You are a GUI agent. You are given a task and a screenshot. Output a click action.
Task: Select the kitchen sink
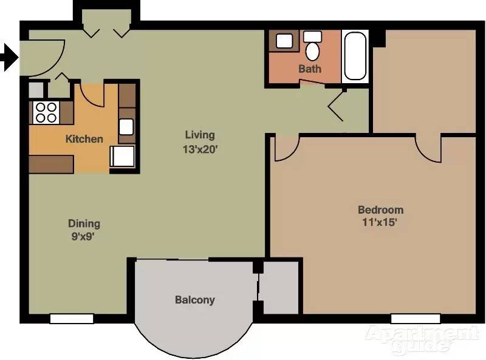click(x=126, y=126)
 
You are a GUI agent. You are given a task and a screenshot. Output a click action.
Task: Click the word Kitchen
click(x=84, y=139)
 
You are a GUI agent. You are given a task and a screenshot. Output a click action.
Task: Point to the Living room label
click(x=200, y=135)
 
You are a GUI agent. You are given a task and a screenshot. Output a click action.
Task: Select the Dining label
click(x=84, y=223)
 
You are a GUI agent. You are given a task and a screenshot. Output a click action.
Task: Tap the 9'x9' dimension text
click(x=84, y=237)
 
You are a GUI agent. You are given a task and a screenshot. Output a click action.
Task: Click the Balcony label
click(x=194, y=300)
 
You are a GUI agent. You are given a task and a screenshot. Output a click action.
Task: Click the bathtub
click(x=354, y=56)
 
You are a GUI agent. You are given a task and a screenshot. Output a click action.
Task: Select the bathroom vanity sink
click(x=284, y=41)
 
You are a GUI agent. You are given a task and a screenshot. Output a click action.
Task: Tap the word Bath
click(x=309, y=69)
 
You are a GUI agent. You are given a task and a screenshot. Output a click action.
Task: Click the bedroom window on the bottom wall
click(x=415, y=318)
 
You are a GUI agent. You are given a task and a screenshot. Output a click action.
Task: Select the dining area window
click(x=72, y=318)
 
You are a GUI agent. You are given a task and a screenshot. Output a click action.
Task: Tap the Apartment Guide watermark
click(x=420, y=340)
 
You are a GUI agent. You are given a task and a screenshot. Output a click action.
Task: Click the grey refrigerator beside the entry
click(x=36, y=89)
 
